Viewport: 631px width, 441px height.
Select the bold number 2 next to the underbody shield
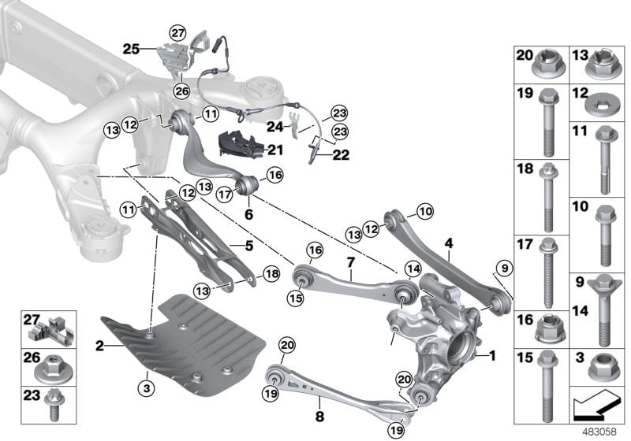pos(99,344)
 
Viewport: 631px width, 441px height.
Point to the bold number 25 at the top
pos(130,49)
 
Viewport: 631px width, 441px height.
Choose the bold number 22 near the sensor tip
pos(341,155)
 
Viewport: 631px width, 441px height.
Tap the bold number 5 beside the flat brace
pos(249,246)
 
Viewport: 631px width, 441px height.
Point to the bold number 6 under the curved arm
pos(248,213)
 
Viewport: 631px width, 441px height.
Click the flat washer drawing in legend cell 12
pos(606,103)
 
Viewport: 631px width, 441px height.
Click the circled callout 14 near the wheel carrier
pos(411,268)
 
